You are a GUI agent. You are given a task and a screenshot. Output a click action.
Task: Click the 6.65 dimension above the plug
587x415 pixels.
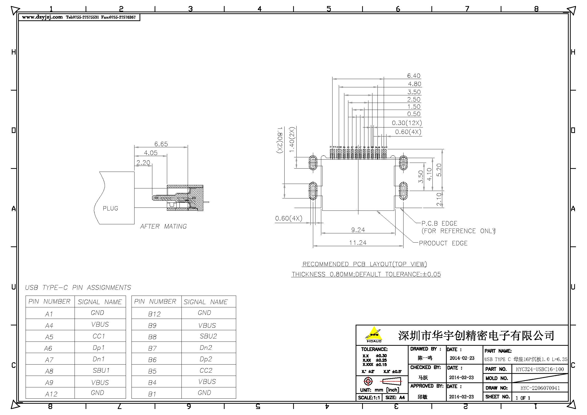tap(161, 144)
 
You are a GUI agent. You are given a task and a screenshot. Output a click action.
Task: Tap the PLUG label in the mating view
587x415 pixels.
tap(110, 209)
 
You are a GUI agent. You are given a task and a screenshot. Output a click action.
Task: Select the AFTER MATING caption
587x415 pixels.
tap(163, 226)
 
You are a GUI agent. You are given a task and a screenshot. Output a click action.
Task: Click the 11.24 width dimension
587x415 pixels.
tap(358, 243)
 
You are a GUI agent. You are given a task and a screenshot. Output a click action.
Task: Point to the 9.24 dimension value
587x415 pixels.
tap(358, 230)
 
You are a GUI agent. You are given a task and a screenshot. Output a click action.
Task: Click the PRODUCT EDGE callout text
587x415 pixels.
tap(443, 243)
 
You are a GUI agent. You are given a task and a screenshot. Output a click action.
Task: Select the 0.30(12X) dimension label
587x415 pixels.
tap(407, 123)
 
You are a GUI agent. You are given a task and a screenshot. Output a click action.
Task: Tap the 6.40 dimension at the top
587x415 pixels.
tap(414, 76)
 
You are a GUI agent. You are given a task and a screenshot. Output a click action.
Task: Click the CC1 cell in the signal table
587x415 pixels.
tap(99, 336)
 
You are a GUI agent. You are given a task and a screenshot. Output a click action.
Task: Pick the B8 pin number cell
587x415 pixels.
tap(152, 337)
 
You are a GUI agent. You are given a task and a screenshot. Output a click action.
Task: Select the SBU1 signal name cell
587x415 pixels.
tap(101, 371)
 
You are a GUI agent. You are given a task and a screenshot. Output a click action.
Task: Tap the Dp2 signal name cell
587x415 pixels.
tap(206, 359)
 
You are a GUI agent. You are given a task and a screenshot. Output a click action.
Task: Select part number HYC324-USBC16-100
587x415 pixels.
tap(540, 369)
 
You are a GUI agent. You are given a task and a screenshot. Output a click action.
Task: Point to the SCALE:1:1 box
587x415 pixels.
tap(369, 398)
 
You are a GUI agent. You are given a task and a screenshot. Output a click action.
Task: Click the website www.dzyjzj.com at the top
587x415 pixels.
tap(42, 17)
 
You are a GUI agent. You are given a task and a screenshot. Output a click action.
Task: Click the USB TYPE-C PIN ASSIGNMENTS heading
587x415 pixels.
tap(78, 288)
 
